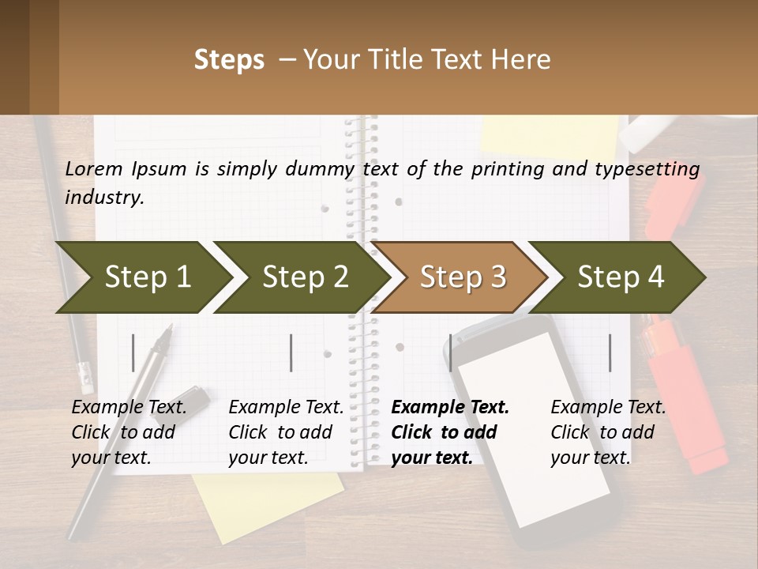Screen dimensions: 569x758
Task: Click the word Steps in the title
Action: pos(229,60)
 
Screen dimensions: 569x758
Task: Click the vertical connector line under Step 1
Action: pos(133,352)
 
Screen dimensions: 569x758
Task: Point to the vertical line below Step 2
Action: pos(291,352)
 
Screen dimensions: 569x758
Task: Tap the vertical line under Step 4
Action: pos(610,352)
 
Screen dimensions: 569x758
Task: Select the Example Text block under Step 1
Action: pos(129,432)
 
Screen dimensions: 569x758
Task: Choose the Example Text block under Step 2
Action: pos(286,432)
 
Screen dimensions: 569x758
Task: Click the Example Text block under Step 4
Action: pos(608,432)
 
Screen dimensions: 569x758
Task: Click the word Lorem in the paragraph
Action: pos(94,169)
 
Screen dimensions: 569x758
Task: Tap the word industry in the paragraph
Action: pos(103,198)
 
